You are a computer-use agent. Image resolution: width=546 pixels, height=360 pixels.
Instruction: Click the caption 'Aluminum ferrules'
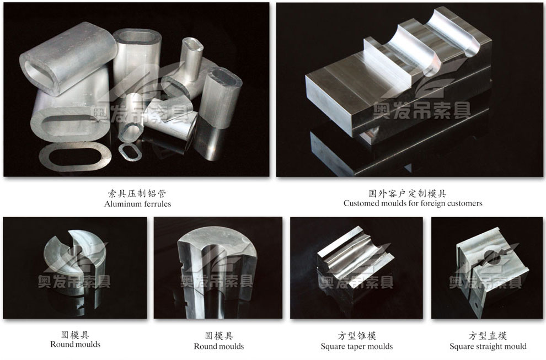coord(137,203)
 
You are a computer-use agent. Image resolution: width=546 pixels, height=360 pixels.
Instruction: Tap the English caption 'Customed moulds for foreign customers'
coord(413,203)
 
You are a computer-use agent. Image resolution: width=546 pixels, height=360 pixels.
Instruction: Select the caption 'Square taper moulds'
coord(357,346)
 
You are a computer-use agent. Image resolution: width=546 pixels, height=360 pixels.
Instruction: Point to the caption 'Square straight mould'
coord(488,346)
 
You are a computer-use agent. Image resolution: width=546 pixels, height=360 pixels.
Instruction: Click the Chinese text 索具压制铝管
coord(137,193)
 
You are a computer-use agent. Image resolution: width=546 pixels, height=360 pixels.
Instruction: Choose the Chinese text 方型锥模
coord(357,336)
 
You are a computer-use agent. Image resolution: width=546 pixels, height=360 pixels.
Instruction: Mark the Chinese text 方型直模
coord(488,336)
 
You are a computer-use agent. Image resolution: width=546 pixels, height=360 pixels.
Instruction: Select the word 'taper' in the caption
coord(357,347)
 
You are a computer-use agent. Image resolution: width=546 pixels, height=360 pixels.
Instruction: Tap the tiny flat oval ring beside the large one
coord(130,152)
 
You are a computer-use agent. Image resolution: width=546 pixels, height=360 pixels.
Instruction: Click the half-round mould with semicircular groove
coord(218,272)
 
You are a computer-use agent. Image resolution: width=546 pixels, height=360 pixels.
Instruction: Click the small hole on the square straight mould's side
coord(475,303)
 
